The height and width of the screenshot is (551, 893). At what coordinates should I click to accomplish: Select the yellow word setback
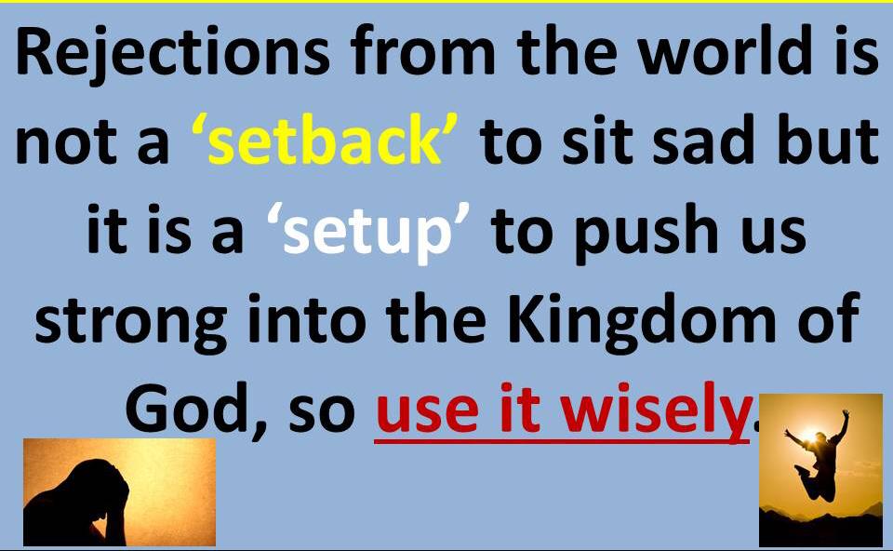pyautogui.click(x=324, y=140)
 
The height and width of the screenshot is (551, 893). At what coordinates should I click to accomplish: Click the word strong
pyautogui.click(x=131, y=323)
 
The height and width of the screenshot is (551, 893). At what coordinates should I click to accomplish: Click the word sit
pyautogui.click(x=597, y=140)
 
